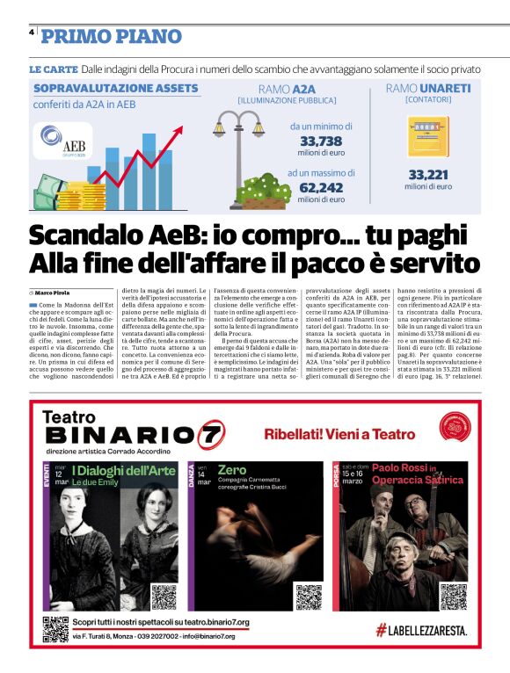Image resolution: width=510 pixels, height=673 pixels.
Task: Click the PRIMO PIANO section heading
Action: click(x=112, y=36)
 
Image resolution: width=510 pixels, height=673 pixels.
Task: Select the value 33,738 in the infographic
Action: click(x=321, y=141)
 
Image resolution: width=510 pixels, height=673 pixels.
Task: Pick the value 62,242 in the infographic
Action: click(x=321, y=187)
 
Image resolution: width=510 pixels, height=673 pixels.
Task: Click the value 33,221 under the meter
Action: click(x=430, y=175)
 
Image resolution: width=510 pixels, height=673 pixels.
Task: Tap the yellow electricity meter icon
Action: click(x=428, y=137)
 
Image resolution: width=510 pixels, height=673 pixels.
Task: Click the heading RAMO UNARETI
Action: click(x=428, y=89)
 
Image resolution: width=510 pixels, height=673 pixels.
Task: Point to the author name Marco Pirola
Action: click(x=54, y=292)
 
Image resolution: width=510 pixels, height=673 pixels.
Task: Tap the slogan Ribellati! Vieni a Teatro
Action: click(x=339, y=434)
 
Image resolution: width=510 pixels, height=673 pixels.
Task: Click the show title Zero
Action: click(x=232, y=469)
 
